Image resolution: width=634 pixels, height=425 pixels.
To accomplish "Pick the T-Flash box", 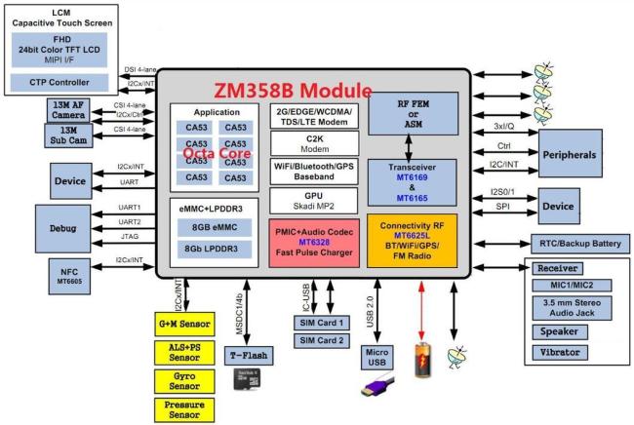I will tap(247, 354).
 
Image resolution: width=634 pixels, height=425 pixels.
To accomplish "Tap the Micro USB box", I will tap(377, 358).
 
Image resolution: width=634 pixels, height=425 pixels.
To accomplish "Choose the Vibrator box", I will tap(577, 351).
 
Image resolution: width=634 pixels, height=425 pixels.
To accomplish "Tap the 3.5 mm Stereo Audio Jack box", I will tap(577, 308).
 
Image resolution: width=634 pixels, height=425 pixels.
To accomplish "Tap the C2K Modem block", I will tap(313, 144).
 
